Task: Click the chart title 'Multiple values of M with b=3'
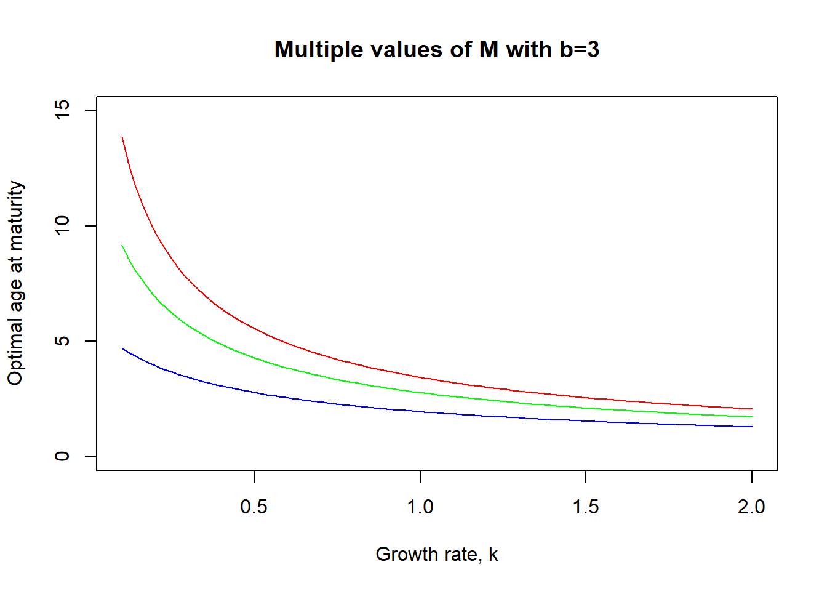436,49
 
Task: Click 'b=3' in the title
579,49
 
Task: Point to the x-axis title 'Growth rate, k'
436,554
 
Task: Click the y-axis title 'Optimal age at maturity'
15,283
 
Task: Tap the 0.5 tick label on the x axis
254,507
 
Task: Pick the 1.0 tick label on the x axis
420,507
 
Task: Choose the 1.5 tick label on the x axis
585,507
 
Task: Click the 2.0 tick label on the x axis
751,507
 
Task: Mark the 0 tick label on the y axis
62,456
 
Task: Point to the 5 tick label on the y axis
62,341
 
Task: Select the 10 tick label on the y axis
62,226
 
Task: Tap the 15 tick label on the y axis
62,110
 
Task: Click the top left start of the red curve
122,137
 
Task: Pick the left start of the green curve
122,246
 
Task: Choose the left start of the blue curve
122,348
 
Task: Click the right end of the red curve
752,409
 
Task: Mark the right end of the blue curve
752,427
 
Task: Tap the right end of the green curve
752,417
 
